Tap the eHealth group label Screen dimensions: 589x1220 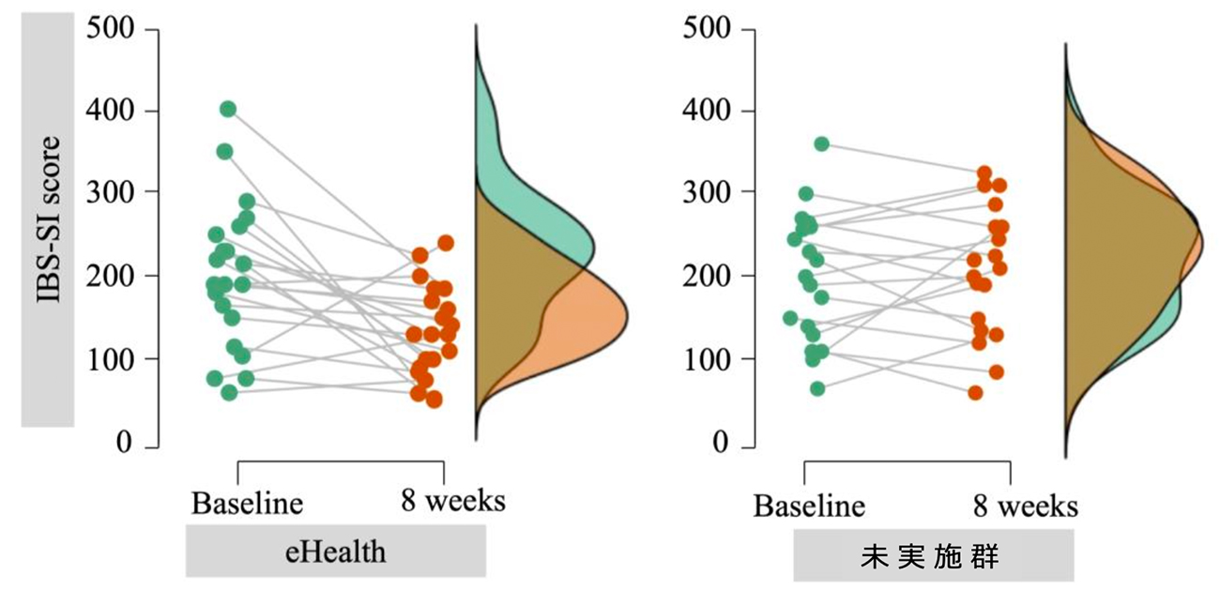pos(335,551)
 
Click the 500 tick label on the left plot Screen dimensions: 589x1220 pos(111,29)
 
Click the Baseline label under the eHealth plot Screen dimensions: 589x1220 pos(248,504)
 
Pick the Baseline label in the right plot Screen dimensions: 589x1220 pos(809,506)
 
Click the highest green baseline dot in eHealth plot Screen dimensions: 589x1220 pos(228,110)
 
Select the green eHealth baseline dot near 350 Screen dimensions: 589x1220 pos(224,151)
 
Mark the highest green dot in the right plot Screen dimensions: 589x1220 pos(822,143)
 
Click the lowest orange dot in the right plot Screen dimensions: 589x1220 pos(976,393)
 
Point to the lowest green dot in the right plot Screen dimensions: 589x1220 pos(817,388)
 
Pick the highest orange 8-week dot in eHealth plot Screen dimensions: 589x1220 pos(446,243)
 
